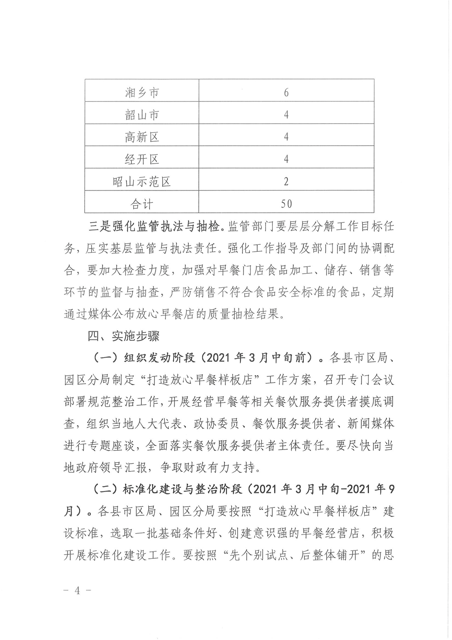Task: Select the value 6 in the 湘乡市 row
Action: (x=286, y=93)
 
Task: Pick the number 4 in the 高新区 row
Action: (x=286, y=137)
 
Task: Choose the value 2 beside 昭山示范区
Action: (x=286, y=182)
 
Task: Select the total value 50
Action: (x=286, y=204)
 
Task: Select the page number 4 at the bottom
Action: (x=77, y=590)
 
